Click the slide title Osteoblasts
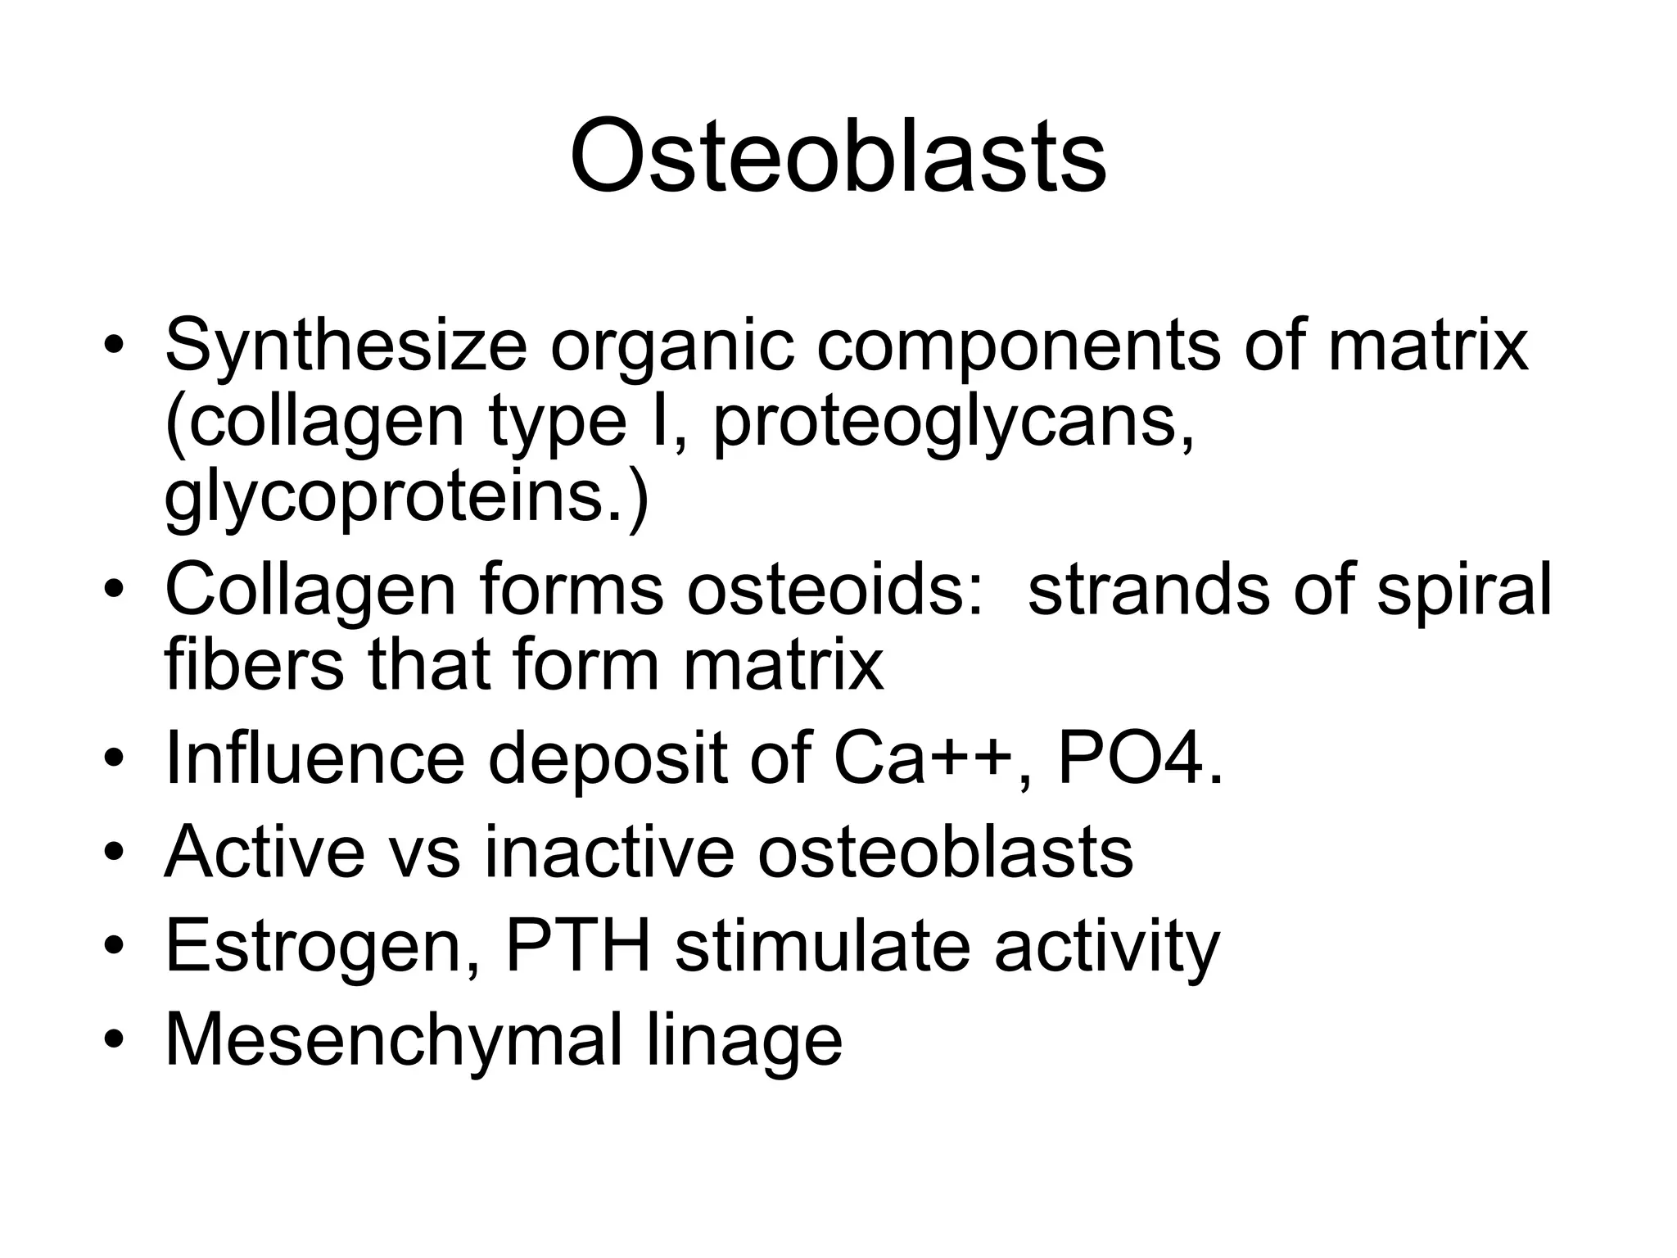click(838, 156)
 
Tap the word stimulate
click(822, 946)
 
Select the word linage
click(744, 1040)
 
